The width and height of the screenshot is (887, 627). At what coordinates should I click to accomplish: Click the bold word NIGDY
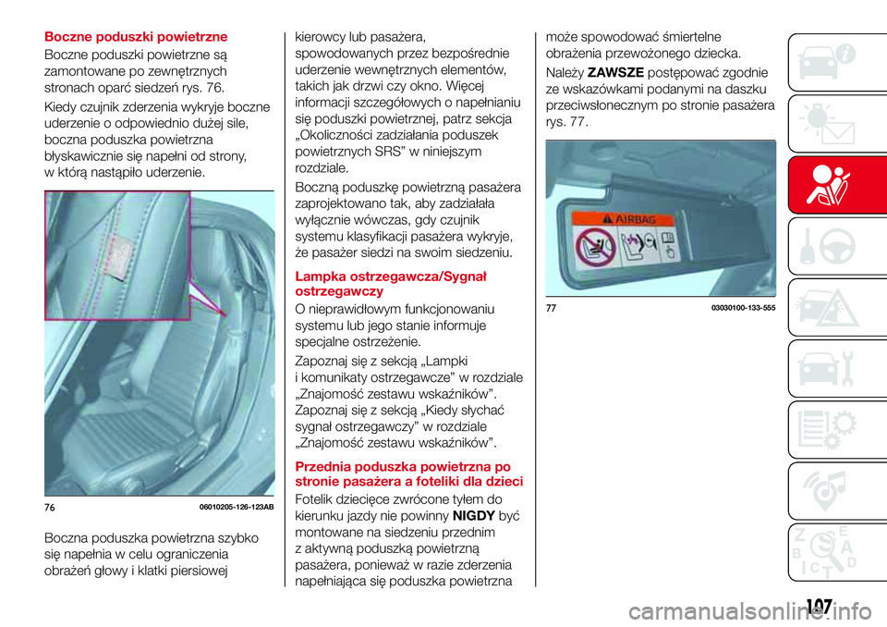[x=476, y=517]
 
